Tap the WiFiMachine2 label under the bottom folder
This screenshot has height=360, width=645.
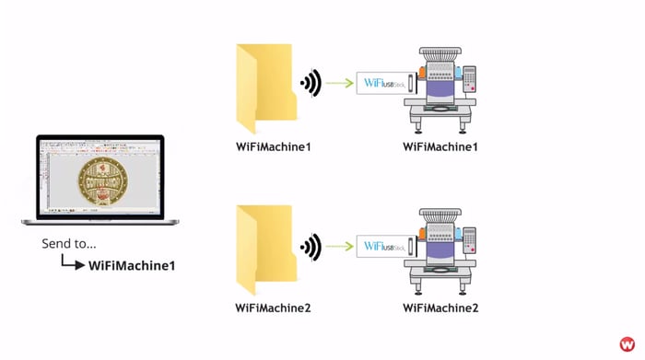click(273, 307)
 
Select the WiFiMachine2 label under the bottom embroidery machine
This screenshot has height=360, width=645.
click(440, 307)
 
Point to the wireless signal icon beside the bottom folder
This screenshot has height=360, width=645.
click(311, 246)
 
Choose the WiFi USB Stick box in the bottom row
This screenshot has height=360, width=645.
click(387, 246)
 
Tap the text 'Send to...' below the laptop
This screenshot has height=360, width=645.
click(69, 245)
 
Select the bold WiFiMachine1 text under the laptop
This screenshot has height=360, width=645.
click(131, 265)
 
